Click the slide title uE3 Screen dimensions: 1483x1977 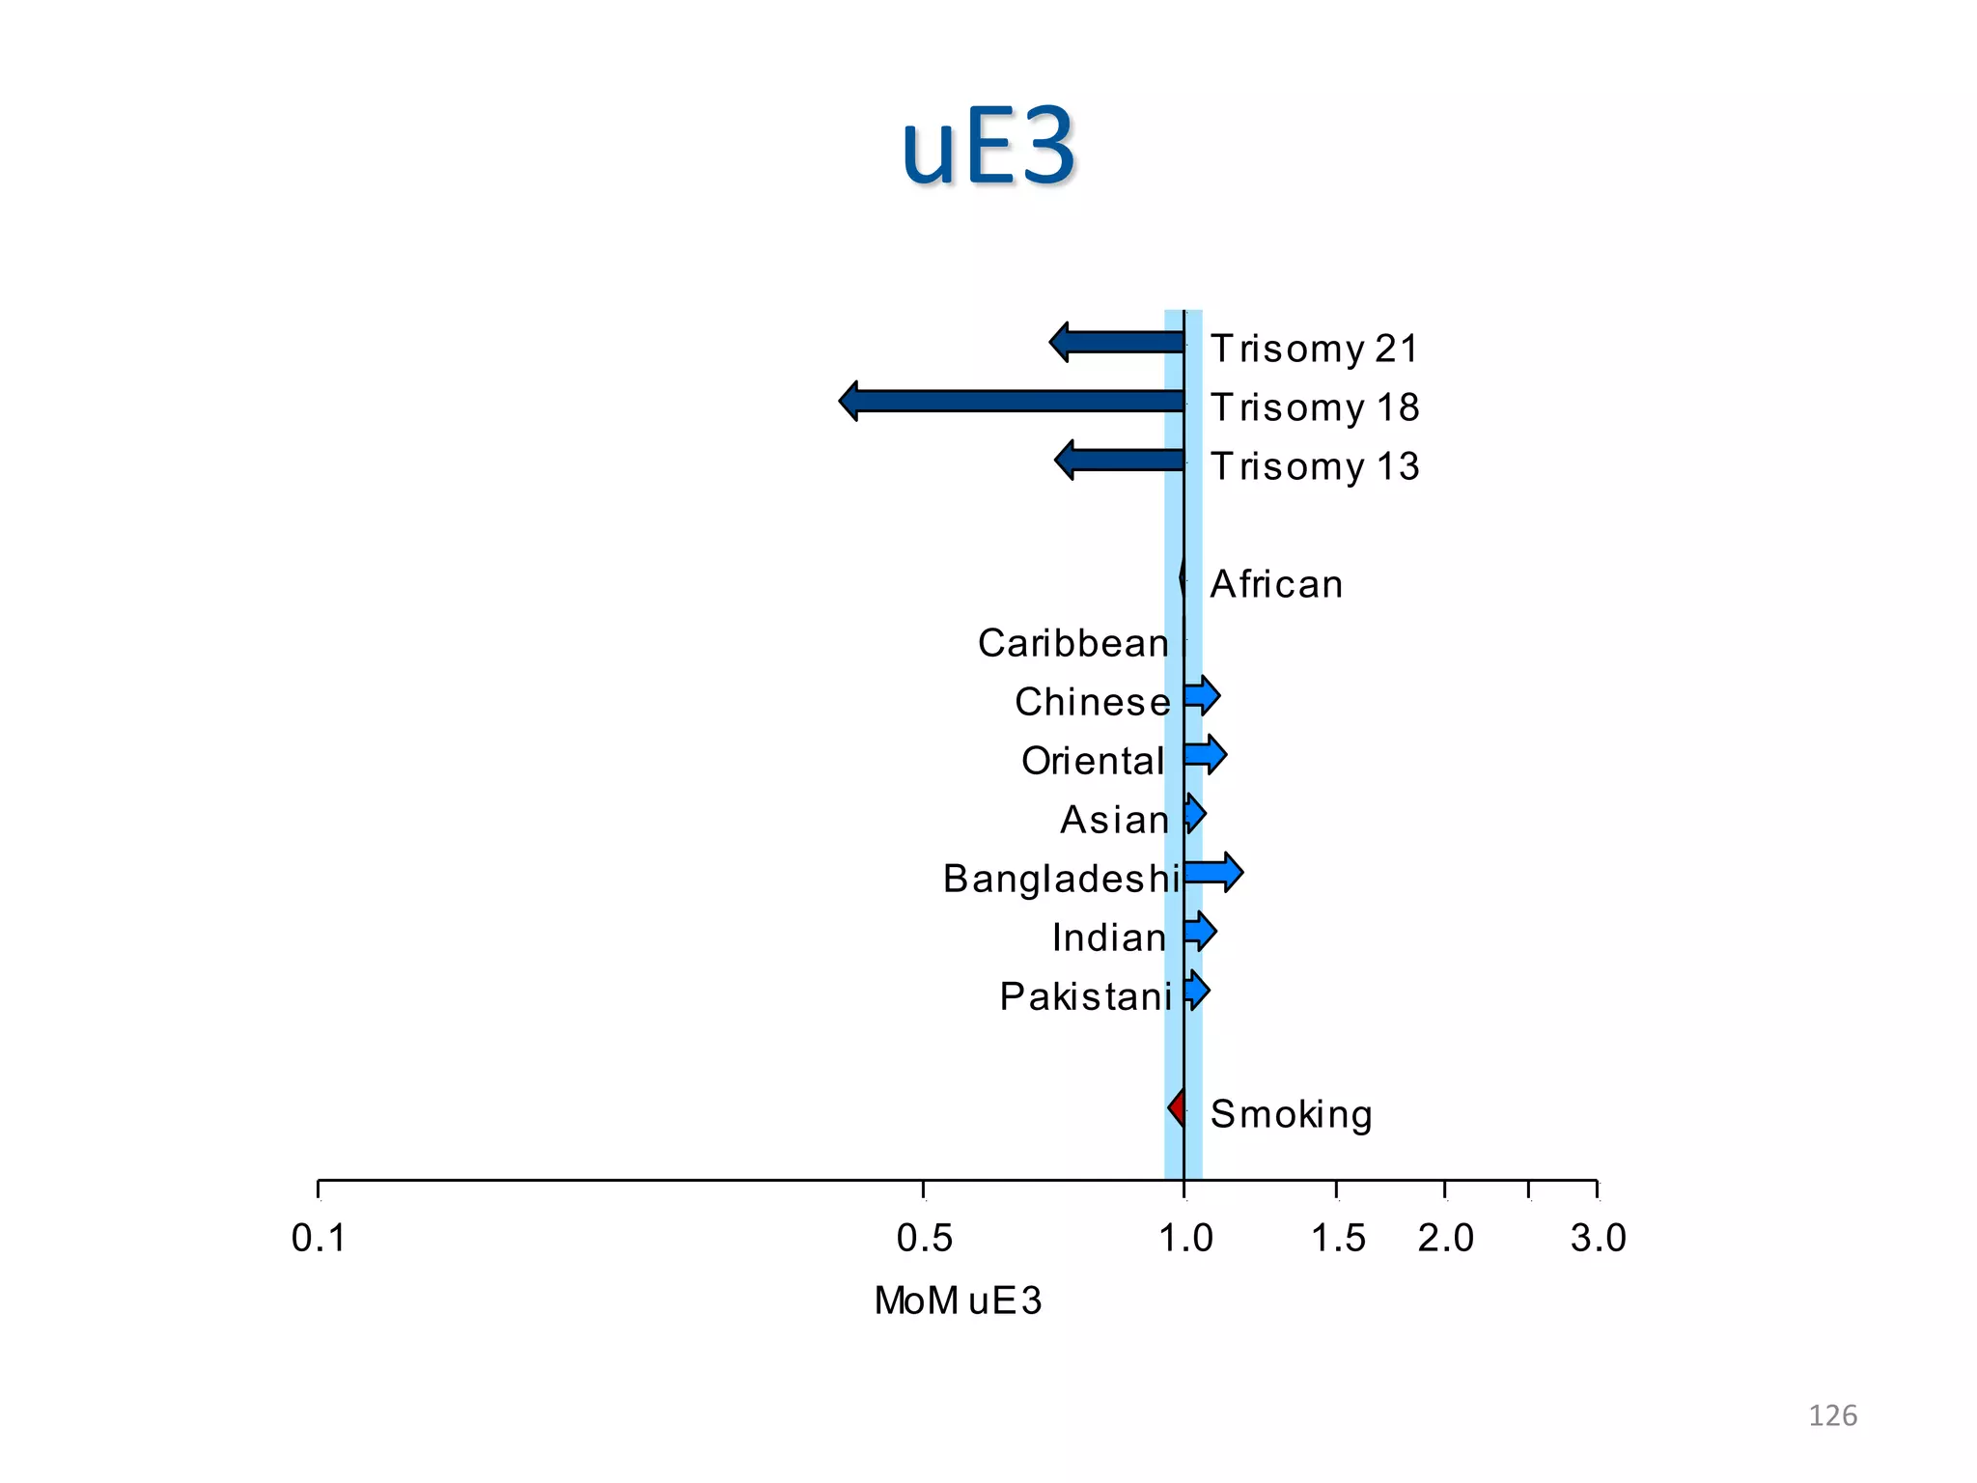988,147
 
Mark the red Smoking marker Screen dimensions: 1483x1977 1177,1107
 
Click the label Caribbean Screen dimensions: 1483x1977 1073,643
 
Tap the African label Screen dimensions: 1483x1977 1276,584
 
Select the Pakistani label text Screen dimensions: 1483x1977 1086,996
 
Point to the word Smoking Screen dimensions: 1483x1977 1291,1114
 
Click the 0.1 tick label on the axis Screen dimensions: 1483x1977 319,1238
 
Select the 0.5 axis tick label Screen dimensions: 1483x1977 924,1238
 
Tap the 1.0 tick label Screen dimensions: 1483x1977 1185,1238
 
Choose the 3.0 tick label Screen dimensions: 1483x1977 1598,1238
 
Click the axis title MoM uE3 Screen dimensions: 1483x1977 958,1301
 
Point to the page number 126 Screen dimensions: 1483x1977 1832,1415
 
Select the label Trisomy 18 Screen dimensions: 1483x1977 1315,407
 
